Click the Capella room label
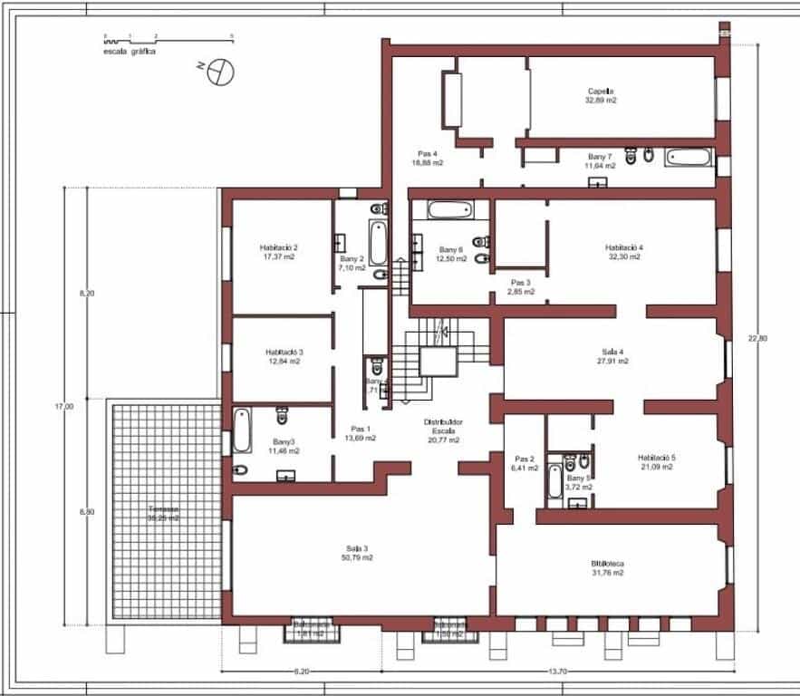pos(601,92)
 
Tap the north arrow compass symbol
pos(217,70)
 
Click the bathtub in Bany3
pos(241,430)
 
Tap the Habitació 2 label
pos(279,247)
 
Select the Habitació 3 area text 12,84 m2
pos(284,362)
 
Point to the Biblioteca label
pos(607,563)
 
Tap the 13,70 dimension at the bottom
pos(557,672)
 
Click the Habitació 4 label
pos(624,247)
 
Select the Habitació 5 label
pos(657,458)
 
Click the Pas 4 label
pos(428,153)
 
